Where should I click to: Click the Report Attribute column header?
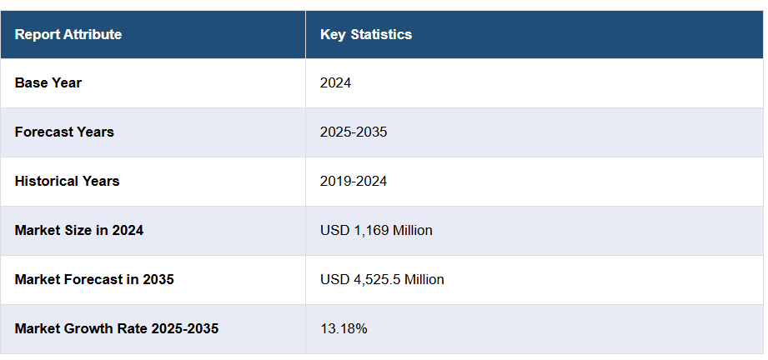pos(68,34)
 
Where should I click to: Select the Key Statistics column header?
pos(366,34)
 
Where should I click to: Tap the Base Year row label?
pos(48,82)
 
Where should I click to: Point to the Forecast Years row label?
pos(64,132)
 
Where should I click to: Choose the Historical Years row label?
pos(67,181)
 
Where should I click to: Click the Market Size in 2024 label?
pos(79,230)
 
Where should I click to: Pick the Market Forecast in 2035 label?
pos(94,279)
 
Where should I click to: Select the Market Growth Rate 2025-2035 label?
pos(117,328)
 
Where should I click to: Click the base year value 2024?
pos(335,82)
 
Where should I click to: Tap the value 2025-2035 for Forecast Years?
pos(354,132)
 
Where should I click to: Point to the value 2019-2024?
pos(354,181)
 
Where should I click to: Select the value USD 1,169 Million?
pos(376,230)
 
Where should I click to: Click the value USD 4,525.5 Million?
pos(382,279)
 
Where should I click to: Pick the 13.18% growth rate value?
pos(344,328)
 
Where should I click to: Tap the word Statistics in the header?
pos(381,34)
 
